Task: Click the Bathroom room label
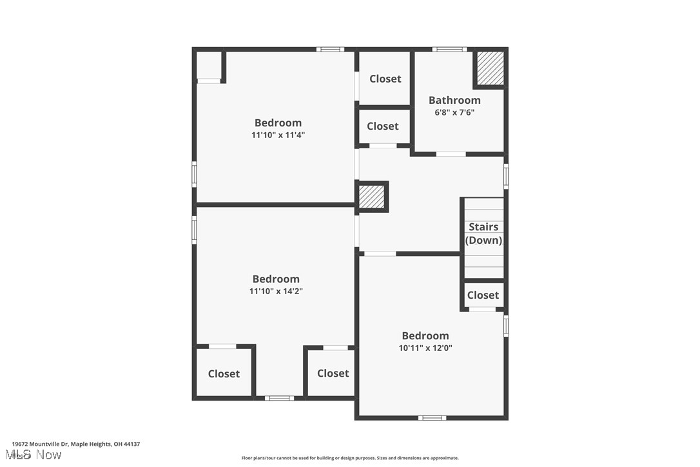[454, 100]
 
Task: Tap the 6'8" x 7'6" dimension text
[454, 112]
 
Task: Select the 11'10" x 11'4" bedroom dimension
[278, 135]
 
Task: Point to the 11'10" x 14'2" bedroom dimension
[276, 291]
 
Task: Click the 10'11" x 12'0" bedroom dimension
[425, 348]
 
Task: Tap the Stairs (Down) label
[483, 234]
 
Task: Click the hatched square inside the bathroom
[491, 68]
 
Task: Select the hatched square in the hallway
[372, 196]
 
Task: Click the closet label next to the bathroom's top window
[385, 79]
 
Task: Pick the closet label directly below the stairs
[483, 295]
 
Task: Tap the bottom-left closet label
[224, 373]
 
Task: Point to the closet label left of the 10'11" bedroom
[333, 373]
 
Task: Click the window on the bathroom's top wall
[449, 49]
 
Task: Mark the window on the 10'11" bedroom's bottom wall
[432, 418]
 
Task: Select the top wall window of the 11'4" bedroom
[330, 49]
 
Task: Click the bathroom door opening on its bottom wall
[451, 154]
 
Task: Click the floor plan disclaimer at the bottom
[350, 458]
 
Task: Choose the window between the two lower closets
[279, 398]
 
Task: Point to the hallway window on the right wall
[506, 176]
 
